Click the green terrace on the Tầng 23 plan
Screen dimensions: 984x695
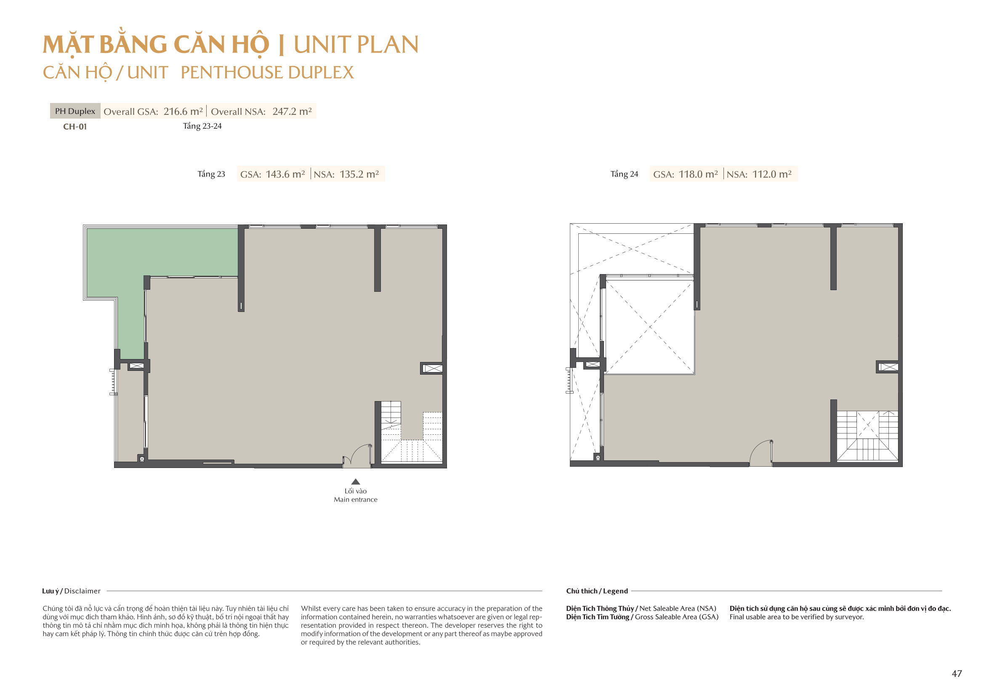pyautogui.click(x=128, y=257)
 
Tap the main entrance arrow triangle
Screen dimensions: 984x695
pyautogui.click(x=356, y=481)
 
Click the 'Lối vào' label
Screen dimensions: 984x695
pyautogui.click(x=356, y=491)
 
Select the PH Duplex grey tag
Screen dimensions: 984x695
pyautogui.click(x=75, y=111)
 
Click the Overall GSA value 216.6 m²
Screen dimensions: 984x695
pyautogui.click(x=183, y=111)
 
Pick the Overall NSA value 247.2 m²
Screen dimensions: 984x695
pyautogui.click(x=292, y=111)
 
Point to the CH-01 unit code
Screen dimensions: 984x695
pyautogui.click(x=75, y=126)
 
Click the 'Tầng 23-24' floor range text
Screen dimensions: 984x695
pyautogui.click(x=202, y=126)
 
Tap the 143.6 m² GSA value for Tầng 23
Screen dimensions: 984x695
pyautogui.click(x=285, y=174)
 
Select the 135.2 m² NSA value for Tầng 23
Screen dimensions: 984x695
pyautogui.click(x=359, y=174)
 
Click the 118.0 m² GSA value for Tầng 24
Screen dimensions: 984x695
pyautogui.click(x=698, y=174)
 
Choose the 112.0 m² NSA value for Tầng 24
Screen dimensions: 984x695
pyautogui.click(x=772, y=174)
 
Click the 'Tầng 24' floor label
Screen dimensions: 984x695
pyautogui.click(x=625, y=174)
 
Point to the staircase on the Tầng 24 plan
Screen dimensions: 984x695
pyautogui.click(x=867, y=436)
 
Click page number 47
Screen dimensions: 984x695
pyautogui.click(x=957, y=674)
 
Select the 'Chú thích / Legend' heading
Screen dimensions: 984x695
pyautogui.click(x=597, y=591)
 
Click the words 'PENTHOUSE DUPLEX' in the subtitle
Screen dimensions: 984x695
pyautogui.click(x=267, y=72)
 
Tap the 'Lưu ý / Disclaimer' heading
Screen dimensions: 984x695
pyautogui.click(x=72, y=591)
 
